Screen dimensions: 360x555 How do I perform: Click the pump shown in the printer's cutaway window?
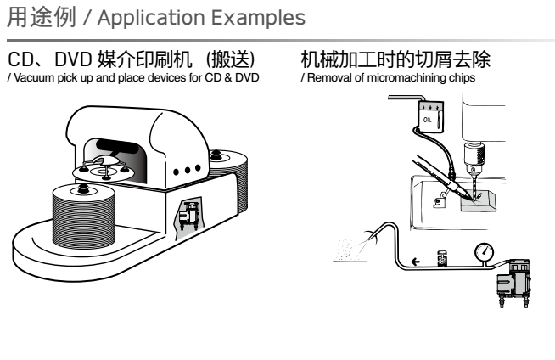pyautogui.click(x=188, y=216)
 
